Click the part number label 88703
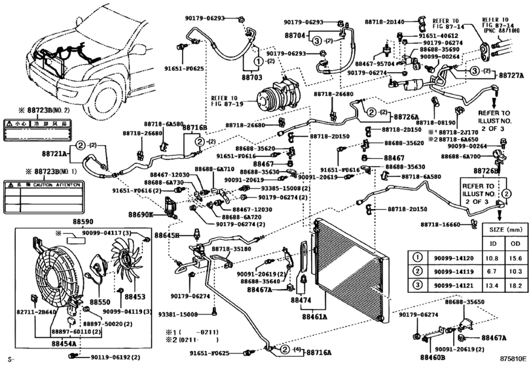coord(251,77)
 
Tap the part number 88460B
coord(428,356)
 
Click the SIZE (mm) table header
coord(502,231)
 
